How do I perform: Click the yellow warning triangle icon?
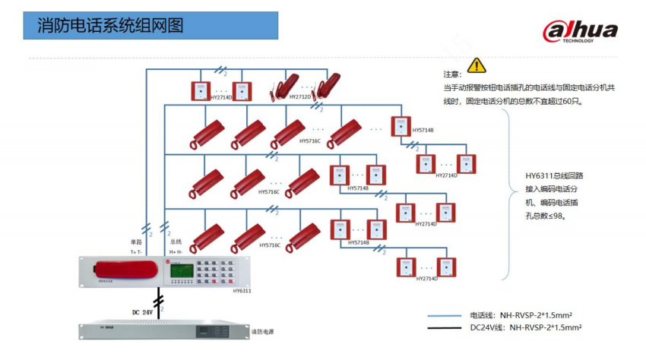click(477, 65)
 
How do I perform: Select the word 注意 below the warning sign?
click(452, 75)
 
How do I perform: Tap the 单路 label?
click(136, 242)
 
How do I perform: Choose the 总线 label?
click(176, 242)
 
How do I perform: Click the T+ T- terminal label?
click(136, 251)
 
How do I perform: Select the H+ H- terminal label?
click(176, 251)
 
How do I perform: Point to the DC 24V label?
click(142, 311)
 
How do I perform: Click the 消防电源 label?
click(262, 332)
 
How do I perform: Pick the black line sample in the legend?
click(445, 329)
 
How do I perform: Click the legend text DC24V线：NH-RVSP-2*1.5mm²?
click(525, 329)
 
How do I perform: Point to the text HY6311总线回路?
click(554, 175)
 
